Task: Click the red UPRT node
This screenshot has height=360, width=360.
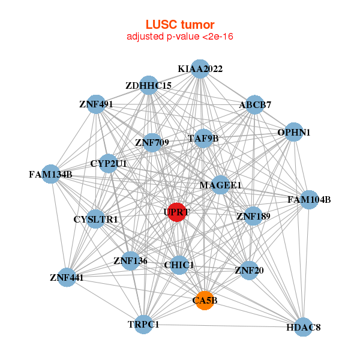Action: pos(176,212)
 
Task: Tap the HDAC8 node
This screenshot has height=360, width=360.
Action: pos(304,327)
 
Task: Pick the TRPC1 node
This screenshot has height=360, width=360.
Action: pos(143,324)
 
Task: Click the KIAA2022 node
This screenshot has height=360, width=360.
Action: pos(200,69)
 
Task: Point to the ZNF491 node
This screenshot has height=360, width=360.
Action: pos(96,104)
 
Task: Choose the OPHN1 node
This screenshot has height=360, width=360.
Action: pos(293,132)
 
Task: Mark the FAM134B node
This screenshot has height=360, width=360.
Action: pos(51,175)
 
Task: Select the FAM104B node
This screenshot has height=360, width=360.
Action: pos(308,199)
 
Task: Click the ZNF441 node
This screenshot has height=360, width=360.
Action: pos(67,277)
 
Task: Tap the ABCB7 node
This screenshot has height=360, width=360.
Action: pos(255,105)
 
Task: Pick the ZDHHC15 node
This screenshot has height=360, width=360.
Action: pos(148,86)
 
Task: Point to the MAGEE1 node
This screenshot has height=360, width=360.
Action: pos(220,185)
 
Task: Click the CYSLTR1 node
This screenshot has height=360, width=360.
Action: pos(96,219)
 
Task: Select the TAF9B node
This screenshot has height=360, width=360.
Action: pos(204,139)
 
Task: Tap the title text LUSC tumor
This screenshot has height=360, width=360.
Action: pos(180,25)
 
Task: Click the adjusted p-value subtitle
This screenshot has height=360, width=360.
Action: pos(180,37)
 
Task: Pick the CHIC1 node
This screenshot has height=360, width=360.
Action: pos(179,265)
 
